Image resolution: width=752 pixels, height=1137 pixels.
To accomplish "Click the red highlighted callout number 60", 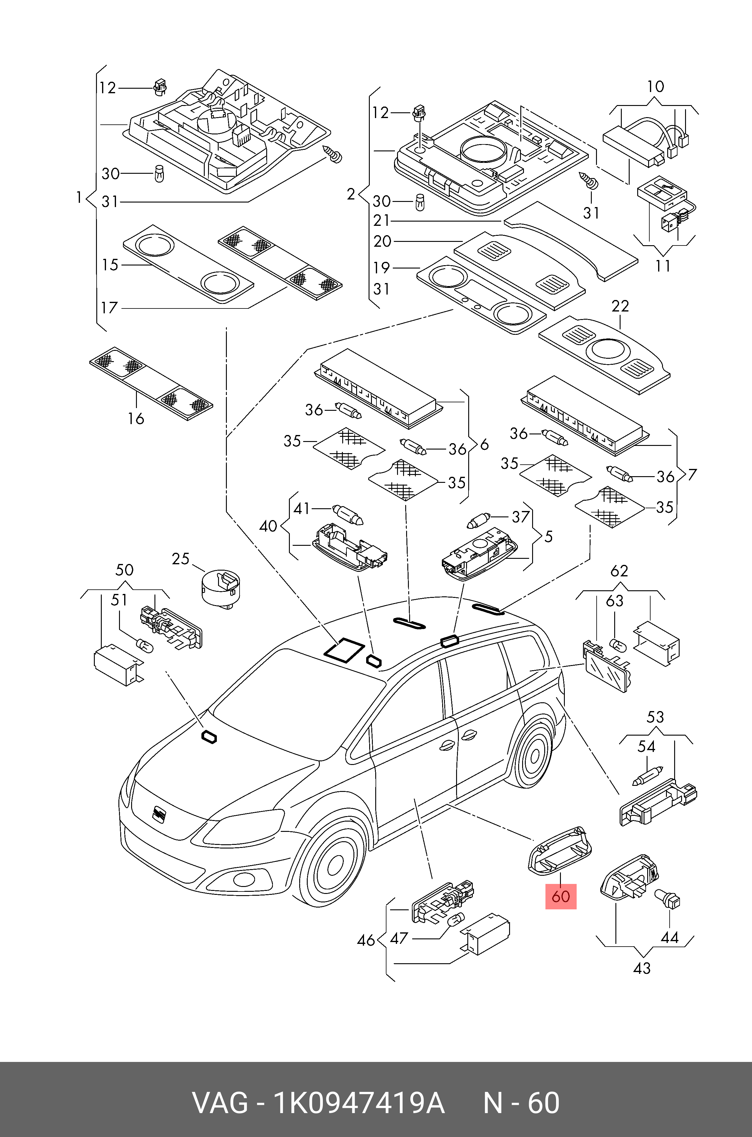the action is click(x=560, y=896).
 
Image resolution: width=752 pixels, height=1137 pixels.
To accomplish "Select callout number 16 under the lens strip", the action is click(x=136, y=418).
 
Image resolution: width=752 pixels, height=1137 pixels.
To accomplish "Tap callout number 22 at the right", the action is click(x=620, y=306).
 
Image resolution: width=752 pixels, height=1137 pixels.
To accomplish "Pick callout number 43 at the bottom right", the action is click(x=642, y=968).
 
